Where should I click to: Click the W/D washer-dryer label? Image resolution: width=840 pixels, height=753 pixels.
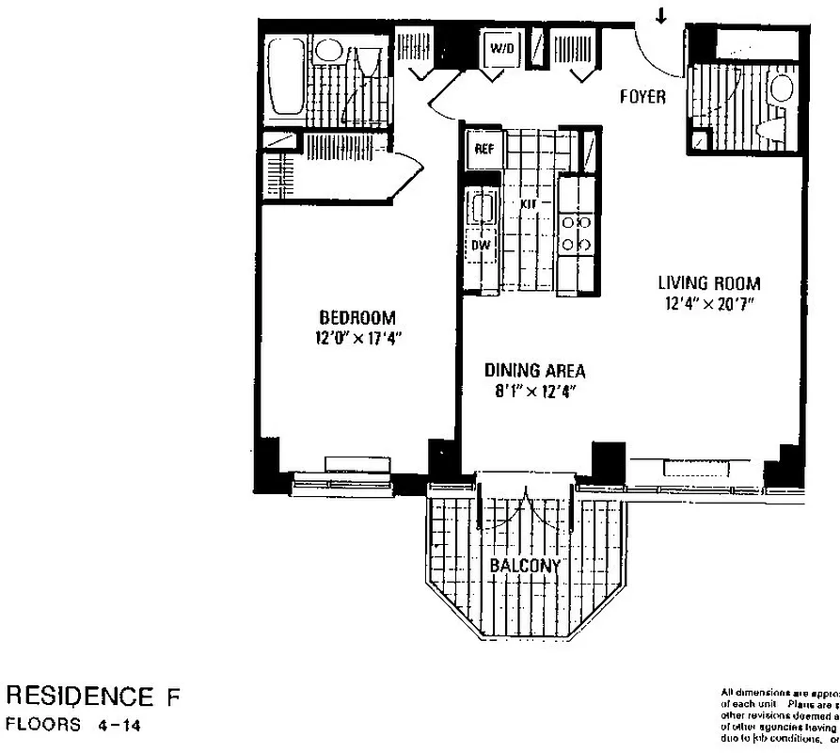[498, 49]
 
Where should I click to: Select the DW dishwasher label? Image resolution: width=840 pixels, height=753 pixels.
[482, 245]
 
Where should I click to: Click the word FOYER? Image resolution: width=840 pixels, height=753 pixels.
[642, 97]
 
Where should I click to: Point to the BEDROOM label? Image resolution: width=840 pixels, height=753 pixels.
[357, 318]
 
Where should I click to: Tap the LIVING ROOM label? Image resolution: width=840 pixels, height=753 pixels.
[708, 282]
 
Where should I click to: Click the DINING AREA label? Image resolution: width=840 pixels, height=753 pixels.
[534, 371]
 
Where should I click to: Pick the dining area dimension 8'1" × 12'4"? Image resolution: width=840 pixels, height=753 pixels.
[534, 392]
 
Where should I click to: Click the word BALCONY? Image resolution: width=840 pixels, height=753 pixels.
[525, 565]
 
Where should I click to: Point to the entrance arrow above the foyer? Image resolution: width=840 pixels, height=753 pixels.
[661, 16]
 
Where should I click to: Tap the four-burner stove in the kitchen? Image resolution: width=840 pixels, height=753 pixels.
[576, 233]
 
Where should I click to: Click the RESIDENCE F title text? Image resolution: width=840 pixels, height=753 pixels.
[92, 697]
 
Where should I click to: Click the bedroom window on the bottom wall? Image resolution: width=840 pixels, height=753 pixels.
[341, 483]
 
